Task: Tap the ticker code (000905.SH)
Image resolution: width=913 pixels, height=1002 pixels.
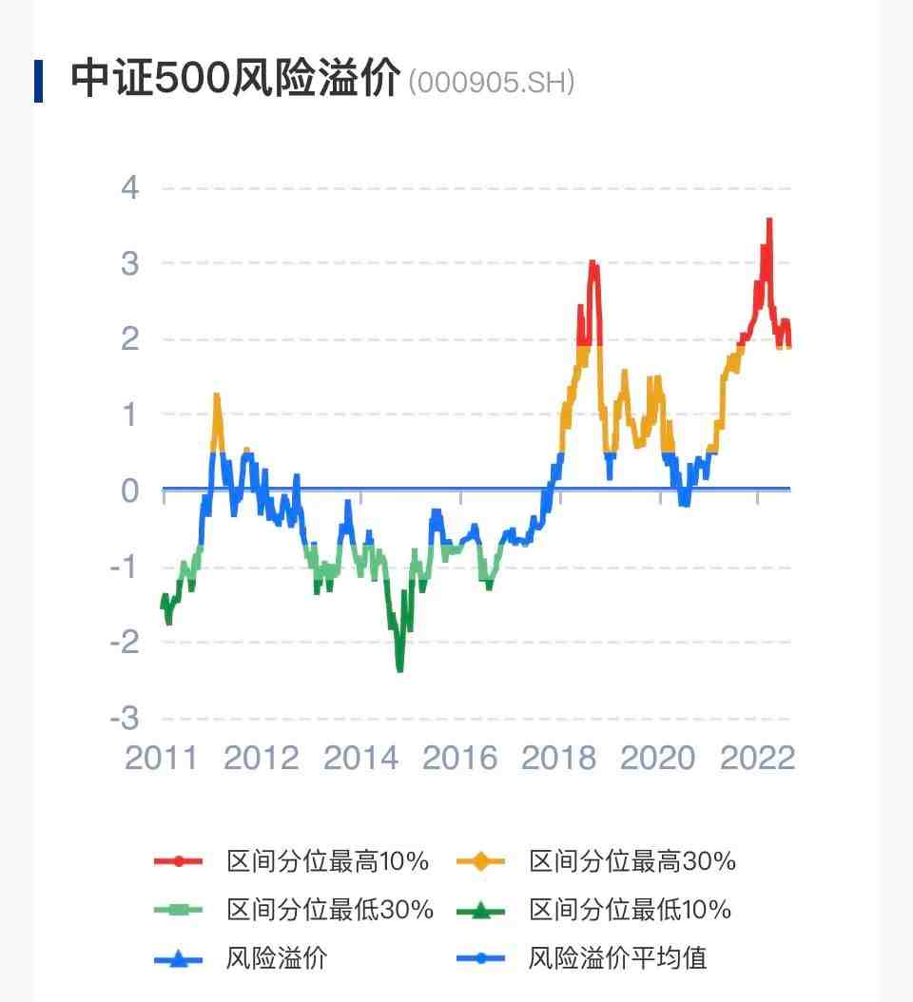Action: pos(491,83)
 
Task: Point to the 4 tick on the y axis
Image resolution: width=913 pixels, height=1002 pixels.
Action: pos(129,187)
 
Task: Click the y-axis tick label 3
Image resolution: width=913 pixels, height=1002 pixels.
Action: pos(129,263)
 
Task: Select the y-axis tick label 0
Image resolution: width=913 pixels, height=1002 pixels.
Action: pos(129,491)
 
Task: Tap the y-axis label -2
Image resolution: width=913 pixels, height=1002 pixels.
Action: pos(124,642)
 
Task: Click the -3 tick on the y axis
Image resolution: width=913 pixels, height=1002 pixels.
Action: pos(124,718)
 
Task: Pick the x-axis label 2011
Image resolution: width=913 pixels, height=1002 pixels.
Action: pos(162,758)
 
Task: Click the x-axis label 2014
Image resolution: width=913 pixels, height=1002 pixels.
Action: pos(360,758)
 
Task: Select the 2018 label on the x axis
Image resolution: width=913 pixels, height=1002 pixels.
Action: pos(559,758)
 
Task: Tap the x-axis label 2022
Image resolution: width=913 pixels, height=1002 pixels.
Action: pos(757,758)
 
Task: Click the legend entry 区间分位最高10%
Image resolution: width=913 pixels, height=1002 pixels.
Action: pos(327,862)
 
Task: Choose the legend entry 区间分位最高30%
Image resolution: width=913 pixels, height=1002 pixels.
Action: pos(632,862)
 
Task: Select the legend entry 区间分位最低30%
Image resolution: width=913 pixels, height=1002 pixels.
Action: pos(330,910)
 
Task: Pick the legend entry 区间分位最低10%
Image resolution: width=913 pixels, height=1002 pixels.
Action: pos(631,910)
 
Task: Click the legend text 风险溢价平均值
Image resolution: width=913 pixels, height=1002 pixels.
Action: pos(617,957)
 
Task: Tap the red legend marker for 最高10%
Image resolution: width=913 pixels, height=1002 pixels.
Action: pos(178,862)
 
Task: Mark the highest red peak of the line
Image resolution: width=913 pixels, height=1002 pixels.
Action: pos(768,221)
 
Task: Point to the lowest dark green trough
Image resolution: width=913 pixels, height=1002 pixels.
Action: pos(399,668)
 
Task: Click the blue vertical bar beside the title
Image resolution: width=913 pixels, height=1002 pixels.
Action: pos(38,81)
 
